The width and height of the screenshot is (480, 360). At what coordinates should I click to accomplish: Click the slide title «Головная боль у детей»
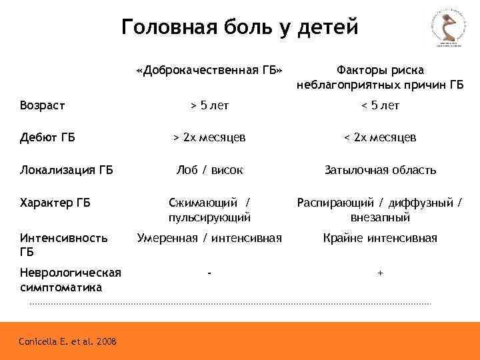[x=240, y=27]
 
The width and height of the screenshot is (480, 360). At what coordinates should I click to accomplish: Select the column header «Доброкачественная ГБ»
[x=209, y=71]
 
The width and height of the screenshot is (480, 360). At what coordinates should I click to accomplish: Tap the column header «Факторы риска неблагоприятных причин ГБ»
[x=380, y=77]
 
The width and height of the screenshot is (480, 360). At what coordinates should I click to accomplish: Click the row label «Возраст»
[x=42, y=105]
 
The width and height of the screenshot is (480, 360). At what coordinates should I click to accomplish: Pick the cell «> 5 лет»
[x=209, y=105]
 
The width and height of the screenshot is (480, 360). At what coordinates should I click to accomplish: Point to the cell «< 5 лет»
[x=380, y=105]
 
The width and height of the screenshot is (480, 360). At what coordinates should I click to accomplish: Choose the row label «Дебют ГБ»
[x=47, y=137]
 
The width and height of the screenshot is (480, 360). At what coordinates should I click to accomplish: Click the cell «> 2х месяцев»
[x=209, y=137]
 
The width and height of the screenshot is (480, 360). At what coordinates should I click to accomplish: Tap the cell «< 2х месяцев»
[x=380, y=137]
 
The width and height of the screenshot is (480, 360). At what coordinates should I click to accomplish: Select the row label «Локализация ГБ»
[x=67, y=170]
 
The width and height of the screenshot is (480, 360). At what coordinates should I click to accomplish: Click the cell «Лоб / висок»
[x=209, y=170]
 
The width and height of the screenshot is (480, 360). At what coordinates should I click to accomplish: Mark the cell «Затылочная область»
[x=380, y=170]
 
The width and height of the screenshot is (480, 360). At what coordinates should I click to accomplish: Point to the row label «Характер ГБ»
[x=55, y=203]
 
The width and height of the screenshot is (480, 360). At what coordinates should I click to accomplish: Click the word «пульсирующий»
[x=209, y=217]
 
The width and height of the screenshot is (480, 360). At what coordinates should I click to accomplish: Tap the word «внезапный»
[x=380, y=217]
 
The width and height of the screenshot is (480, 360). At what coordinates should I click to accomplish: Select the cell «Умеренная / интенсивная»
[x=209, y=238]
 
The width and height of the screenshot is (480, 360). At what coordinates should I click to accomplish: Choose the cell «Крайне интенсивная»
[x=380, y=238]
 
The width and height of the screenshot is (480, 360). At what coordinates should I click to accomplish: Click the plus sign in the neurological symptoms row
[x=380, y=273]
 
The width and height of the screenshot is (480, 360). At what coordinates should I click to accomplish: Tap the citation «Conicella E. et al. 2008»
[x=68, y=342]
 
